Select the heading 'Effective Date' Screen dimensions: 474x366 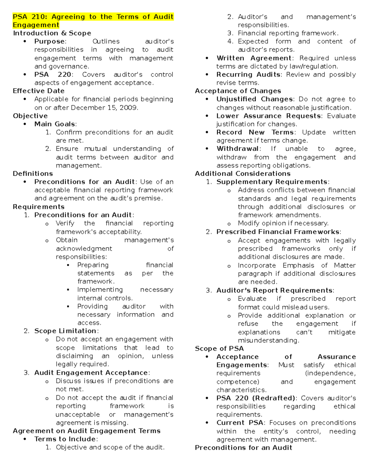(x=39, y=91)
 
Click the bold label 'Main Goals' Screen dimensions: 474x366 (x=55, y=124)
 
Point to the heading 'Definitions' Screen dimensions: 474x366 (x=33, y=174)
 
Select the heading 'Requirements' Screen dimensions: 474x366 (x=39, y=207)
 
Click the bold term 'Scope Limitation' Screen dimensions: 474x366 (x=66, y=331)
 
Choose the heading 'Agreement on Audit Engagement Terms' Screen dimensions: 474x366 (x=87, y=431)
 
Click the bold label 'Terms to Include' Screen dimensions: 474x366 (x=65, y=439)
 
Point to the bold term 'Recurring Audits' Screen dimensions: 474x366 (x=248, y=74)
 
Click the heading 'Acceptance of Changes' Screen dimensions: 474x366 (x=238, y=91)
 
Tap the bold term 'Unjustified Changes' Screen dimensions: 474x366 (x=255, y=99)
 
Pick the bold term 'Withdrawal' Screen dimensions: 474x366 (x=238, y=149)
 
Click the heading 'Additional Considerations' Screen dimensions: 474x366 (x=243, y=174)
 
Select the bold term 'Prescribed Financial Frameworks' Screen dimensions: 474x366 (x=278, y=232)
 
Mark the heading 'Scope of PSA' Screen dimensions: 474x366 (x=219, y=349)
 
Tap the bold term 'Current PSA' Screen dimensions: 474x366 (x=240, y=423)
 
